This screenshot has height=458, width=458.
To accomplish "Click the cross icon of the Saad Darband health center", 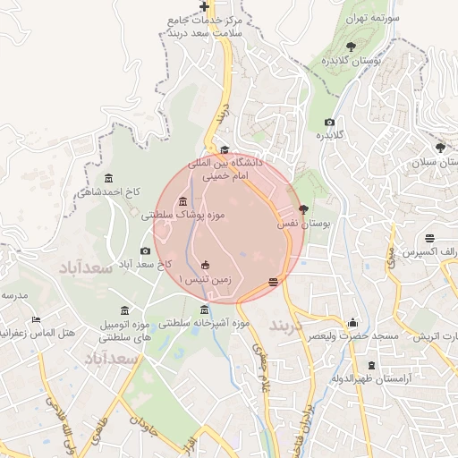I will [204, 7].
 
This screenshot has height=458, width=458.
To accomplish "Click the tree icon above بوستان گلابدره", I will [350, 47].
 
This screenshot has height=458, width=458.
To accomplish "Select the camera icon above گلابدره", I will [329, 122].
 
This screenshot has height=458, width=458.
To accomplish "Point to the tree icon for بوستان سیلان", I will [439, 148].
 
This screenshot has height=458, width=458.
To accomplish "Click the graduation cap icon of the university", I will [225, 150].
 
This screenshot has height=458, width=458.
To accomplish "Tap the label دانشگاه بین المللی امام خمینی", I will [223, 170].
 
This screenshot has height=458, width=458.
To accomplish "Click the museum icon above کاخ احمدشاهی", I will [109, 177].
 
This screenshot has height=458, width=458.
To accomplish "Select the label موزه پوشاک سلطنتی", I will [183, 215].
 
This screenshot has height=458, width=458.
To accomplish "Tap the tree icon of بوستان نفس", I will [304, 209].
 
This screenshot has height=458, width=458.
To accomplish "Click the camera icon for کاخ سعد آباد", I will [146, 251].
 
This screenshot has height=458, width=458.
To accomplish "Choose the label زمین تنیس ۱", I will [205, 279].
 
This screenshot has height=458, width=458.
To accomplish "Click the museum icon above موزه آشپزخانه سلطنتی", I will [204, 310].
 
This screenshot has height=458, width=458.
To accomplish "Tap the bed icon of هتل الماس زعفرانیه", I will [36, 319].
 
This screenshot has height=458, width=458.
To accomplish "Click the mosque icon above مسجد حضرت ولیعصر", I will [353, 323].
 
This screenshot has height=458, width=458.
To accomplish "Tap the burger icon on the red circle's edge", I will [273, 283].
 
